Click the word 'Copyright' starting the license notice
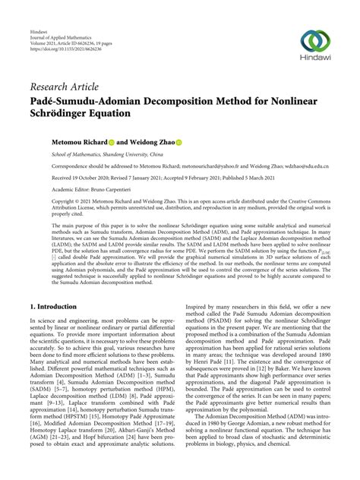point(41,201)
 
